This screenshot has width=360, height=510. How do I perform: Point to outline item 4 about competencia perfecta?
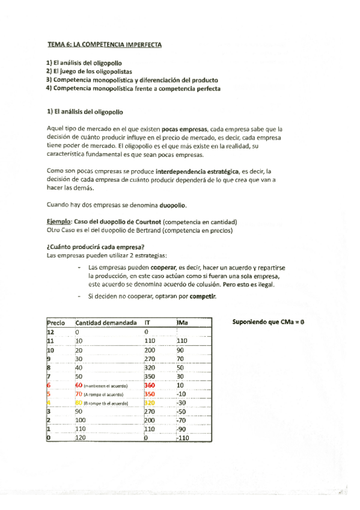click(133, 88)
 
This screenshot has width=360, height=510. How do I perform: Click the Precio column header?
click(56, 323)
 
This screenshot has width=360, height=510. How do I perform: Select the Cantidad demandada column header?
click(106, 323)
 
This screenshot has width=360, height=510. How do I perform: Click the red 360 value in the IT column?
click(150, 386)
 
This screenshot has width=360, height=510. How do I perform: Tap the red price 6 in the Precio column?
click(49, 386)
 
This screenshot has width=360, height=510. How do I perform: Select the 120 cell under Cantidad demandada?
click(81, 439)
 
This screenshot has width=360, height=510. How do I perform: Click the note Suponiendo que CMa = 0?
click(268, 322)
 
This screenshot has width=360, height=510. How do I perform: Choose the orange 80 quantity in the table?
click(79, 403)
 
